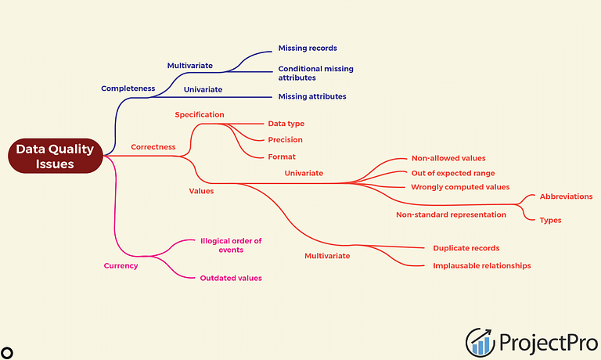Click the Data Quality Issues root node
[x=56, y=156]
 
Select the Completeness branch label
[x=128, y=88]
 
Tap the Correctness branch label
[x=153, y=147]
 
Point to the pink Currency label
[x=121, y=265]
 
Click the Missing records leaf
[x=308, y=48]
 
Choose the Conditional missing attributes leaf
[x=316, y=73]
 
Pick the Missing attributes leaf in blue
[x=312, y=96]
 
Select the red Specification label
[x=200, y=114]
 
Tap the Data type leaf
[x=286, y=124]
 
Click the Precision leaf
[x=285, y=139]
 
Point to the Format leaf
[x=282, y=157]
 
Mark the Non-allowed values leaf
[x=448, y=158]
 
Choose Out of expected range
[x=453, y=173]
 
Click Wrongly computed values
[x=460, y=187]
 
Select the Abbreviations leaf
[x=566, y=196]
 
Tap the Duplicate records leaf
[x=466, y=248]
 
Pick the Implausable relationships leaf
[x=482, y=265]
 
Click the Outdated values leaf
[x=231, y=278]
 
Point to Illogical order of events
[x=231, y=246]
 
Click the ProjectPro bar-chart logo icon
[x=480, y=342]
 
